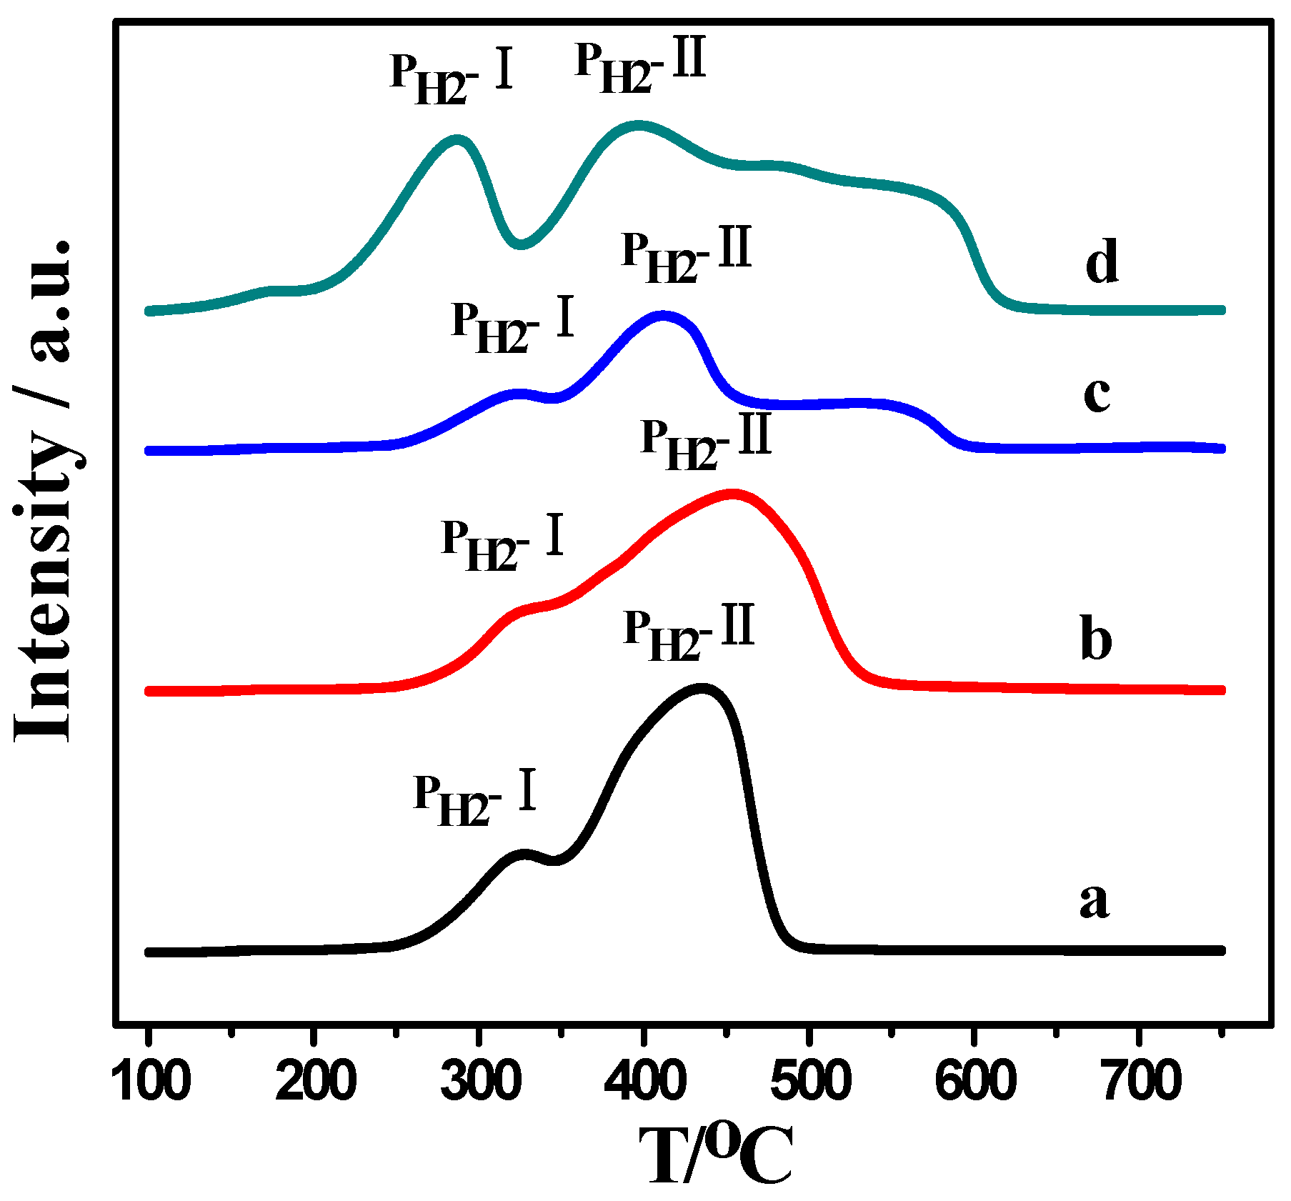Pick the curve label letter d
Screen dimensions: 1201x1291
tap(1101, 261)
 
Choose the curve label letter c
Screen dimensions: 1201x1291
tap(1097, 394)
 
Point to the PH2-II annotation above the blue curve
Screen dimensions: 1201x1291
tap(687, 256)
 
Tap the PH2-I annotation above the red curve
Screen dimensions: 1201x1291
tap(502, 544)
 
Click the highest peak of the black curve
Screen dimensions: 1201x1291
tap(702, 688)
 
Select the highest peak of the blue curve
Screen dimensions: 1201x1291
tap(662, 315)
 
